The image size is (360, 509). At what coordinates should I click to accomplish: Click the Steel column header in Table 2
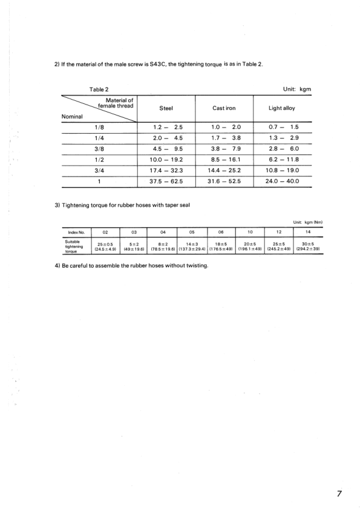coord(166,108)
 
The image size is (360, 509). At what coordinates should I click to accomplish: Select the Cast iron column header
coord(224,108)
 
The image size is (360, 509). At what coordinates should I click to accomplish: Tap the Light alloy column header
coord(281,108)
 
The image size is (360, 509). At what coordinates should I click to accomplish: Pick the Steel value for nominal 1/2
coord(166,160)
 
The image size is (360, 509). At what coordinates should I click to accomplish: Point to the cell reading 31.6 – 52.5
coord(224,181)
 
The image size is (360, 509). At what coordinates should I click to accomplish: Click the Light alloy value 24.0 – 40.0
coord(281,181)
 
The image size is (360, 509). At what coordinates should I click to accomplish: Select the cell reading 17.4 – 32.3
coord(166,170)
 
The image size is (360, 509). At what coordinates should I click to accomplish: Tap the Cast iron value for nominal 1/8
coord(224,128)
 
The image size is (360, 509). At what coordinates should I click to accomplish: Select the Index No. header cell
coord(76,230)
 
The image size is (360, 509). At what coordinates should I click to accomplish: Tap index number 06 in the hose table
coord(221,230)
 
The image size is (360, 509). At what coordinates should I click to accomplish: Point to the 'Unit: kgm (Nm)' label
coord(307,221)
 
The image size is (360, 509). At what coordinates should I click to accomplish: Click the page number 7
coord(340,494)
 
